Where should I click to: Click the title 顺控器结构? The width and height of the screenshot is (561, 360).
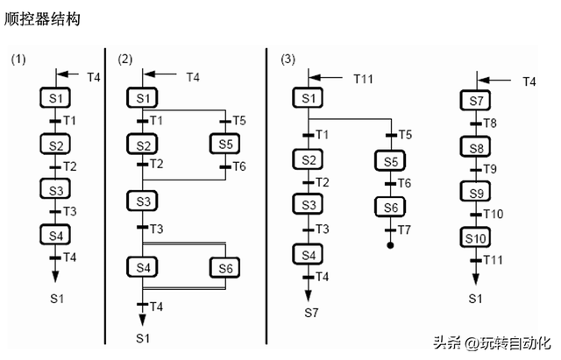pos(41,18)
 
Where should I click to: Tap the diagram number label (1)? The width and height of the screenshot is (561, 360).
pos(20,60)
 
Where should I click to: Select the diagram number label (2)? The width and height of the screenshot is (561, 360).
pos(124,60)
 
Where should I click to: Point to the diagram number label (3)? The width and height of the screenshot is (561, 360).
pos(288,60)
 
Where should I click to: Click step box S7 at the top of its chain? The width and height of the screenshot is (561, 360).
pos(475,102)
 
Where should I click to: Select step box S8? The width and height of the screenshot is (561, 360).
pos(475,147)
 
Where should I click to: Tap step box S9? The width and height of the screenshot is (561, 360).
pos(475,192)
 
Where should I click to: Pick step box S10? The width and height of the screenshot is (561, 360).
pos(475,237)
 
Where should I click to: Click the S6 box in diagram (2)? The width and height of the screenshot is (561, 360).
pos(224,266)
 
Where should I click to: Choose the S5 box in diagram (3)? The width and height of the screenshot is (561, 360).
pos(390,161)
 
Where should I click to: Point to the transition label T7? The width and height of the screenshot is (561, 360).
pos(404,229)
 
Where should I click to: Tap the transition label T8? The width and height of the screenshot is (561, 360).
pos(491,124)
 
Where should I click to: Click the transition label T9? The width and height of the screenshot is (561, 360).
pos(491,170)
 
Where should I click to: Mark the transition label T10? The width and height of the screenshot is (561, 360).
pos(494,215)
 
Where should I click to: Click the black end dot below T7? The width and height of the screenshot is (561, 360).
pos(390,246)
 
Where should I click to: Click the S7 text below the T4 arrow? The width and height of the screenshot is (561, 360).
pos(312,312)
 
